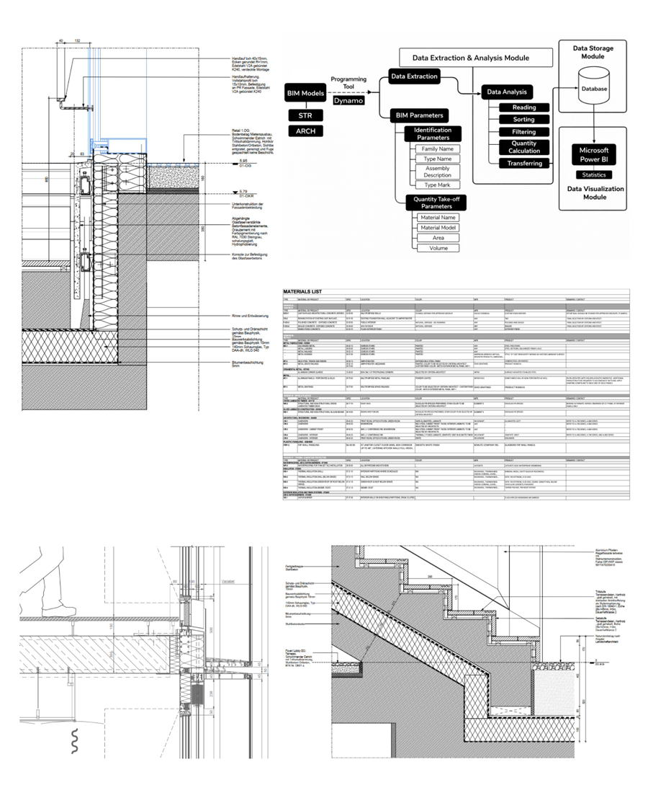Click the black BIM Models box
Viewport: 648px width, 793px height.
304,92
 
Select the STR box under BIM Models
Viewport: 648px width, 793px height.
304,115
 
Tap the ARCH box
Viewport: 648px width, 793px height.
304,131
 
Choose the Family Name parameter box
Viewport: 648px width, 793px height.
437,149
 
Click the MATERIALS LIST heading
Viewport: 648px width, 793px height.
310,291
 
